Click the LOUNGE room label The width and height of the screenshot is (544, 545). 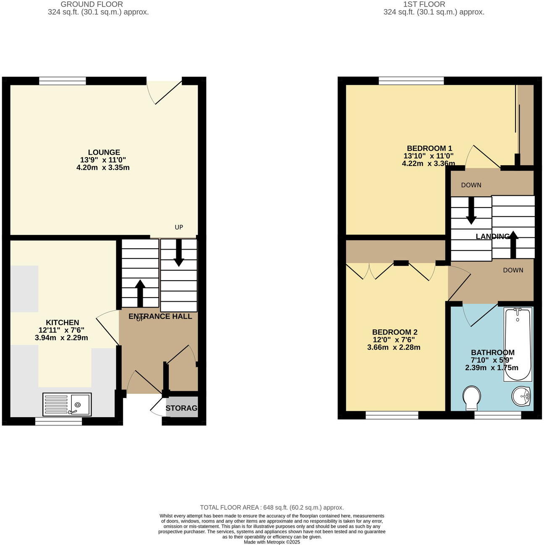104,152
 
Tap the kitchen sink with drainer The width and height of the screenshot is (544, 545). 67,404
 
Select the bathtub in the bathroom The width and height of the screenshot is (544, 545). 518,344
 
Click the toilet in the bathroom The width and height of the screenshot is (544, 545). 471,398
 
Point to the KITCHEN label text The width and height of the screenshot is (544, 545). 62,322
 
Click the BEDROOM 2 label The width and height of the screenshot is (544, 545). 395,332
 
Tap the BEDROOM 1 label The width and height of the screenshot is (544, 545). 429,148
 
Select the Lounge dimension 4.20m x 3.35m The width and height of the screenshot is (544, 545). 103,168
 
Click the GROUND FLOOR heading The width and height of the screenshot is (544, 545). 92,4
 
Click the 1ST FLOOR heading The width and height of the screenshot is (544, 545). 424,4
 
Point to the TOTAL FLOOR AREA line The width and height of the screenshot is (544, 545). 272,507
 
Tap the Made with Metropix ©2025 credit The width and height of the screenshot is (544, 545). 272,542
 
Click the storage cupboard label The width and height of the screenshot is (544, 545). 181,408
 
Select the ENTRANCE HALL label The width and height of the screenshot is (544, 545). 160,316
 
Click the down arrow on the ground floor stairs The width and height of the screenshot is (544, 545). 179,253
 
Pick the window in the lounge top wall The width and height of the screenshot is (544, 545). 63,81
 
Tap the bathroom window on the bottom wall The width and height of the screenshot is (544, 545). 498,415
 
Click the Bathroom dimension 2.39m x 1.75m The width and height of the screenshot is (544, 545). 492,368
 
